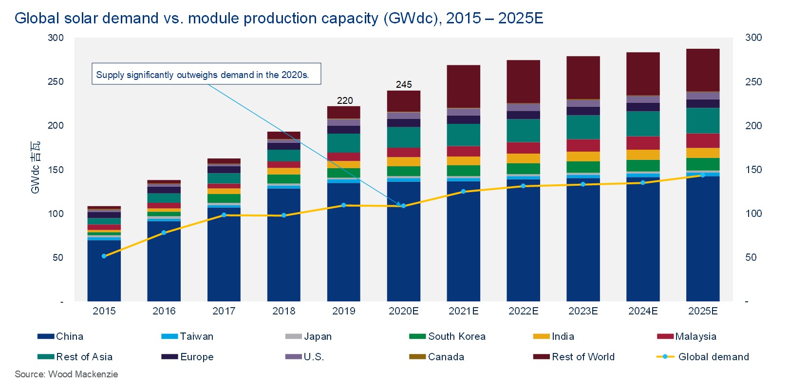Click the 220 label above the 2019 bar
(344, 100)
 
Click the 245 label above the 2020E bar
(404, 84)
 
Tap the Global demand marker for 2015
(104, 256)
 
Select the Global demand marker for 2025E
(702, 175)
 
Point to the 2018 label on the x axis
(283, 311)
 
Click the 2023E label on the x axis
(583, 311)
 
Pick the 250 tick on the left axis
(56, 81)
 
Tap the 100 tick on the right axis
(753, 214)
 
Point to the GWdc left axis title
(35, 167)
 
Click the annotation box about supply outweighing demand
(206, 74)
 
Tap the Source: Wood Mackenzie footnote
(66, 374)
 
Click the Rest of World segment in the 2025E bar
(702, 70)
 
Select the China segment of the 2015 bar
(104, 271)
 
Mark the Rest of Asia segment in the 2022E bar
(523, 131)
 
